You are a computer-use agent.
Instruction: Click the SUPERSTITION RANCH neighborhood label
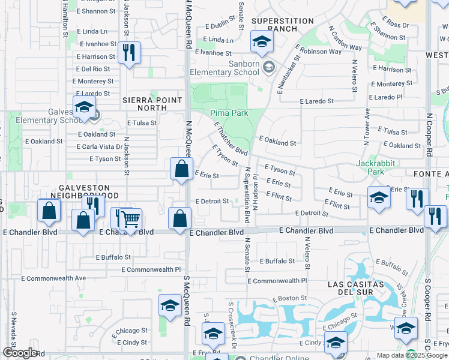coord(274,25)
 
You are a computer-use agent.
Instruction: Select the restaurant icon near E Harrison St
coord(129,53)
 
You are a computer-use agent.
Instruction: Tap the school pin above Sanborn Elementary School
coord(262,42)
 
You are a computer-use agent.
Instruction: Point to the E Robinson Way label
coord(318,52)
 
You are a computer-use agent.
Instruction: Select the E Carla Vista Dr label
coord(100,146)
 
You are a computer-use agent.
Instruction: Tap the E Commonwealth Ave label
coord(54,278)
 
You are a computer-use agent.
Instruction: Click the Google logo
coord(20,353)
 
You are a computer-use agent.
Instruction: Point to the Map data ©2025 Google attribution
coord(411,355)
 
